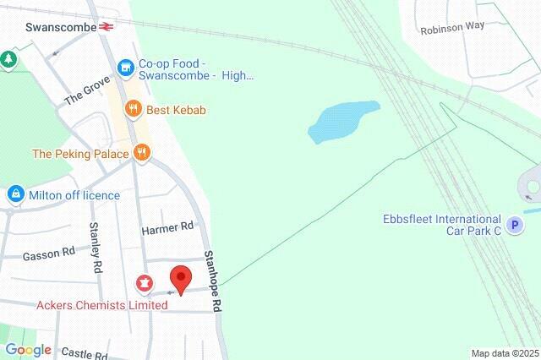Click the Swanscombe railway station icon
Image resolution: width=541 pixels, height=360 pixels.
[106, 25]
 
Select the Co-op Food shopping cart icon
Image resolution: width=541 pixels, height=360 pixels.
[126, 66]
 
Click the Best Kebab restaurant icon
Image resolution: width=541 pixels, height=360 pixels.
[132, 110]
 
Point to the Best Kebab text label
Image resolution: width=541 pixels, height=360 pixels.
[176, 110]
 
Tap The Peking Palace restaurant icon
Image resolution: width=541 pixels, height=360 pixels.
[141, 153]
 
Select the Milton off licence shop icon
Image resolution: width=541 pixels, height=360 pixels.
[15, 195]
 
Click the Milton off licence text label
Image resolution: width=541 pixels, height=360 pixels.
[74, 195]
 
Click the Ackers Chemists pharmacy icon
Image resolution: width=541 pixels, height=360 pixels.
[145, 282]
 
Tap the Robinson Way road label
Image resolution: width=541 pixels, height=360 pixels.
[452, 26]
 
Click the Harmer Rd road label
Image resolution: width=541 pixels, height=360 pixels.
[167, 226]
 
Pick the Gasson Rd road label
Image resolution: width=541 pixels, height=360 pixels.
[49, 253]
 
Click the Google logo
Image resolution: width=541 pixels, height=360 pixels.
[27, 350]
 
